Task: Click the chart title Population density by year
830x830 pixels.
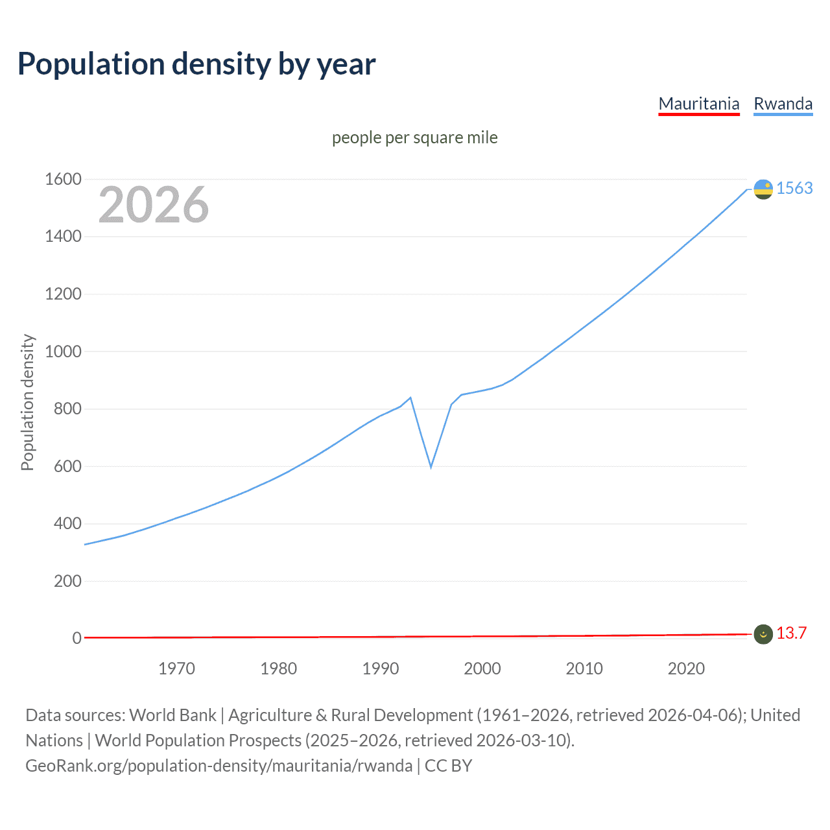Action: tap(196, 64)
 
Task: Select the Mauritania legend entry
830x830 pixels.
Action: tap(698, 104)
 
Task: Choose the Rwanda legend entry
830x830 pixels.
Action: tap(783, 104)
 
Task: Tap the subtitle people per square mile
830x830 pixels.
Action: tap(414, 137)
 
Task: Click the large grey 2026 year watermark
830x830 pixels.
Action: tap(154, 205)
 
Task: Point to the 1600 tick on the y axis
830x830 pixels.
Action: tap(63, 179)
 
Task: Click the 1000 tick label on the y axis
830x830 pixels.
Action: tap(63, 351)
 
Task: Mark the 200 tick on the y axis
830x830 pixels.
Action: tap(67, 581)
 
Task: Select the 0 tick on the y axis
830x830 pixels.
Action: tap(77, 638)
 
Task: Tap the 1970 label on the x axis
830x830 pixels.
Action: tap(176, 669)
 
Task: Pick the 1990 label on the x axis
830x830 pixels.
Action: tap(381, 669)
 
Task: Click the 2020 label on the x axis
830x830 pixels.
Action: tap(686, 669)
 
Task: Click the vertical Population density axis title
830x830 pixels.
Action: tap(27, 402)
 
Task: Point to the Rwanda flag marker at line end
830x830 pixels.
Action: tap(763, 189)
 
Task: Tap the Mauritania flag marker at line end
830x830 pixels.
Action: tap(763, 634)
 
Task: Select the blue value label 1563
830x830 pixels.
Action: tap(794, 188)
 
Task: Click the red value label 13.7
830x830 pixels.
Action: tap(791, 634)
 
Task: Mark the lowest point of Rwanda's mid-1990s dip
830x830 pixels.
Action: tap(431, 467)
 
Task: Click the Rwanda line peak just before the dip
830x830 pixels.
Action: tap(410, 397)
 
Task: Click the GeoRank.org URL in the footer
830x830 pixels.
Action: tap(219, 766)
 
